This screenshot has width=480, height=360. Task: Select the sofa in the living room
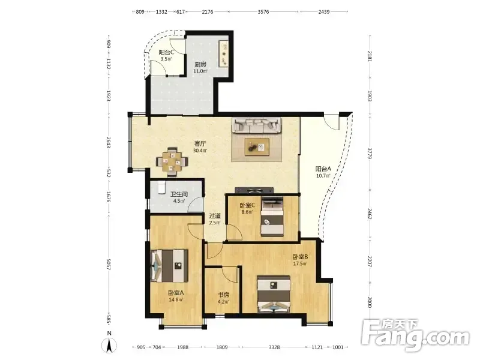click(257, 125)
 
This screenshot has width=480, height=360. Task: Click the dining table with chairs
click(172, 162)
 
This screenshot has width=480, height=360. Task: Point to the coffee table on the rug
click(257, 147)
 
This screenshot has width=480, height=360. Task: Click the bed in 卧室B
click(274, 294)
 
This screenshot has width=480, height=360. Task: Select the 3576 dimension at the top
click(263, 12)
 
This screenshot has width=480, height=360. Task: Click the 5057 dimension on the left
click(109, 265)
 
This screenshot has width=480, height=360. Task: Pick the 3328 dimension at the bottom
click(274, 347)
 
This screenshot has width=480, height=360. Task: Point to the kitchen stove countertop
click(224, 53)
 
